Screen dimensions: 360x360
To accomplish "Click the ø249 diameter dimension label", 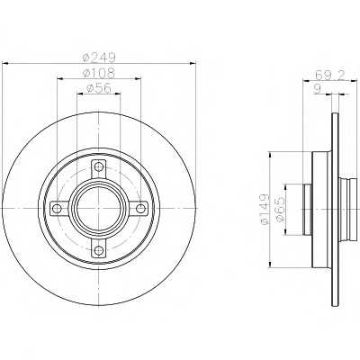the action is (x=99, y=57).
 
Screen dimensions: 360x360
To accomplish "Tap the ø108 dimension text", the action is (x=99, y=72).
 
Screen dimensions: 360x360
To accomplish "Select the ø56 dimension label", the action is (x=99, y=88).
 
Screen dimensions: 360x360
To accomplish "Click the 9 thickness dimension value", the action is (x=318, y=89).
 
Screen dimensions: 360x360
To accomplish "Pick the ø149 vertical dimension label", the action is (x=264, y=210).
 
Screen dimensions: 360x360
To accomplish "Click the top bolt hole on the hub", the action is (x=98, y=166).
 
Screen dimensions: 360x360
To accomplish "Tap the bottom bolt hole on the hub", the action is (x=98, y=249).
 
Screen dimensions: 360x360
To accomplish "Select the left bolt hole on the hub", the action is (x=57, y=208).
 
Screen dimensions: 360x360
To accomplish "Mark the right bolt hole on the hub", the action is (x=139, y=208).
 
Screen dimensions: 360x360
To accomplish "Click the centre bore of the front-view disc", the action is (x=98, y=208).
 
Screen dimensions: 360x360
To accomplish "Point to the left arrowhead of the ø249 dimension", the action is (x=6, y=63).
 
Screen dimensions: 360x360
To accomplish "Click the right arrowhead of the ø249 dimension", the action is (x=192, y=63).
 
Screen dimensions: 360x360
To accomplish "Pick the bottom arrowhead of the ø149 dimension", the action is (x=271, y=263).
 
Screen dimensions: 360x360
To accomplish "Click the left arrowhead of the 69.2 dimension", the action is (x=307, y=80).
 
